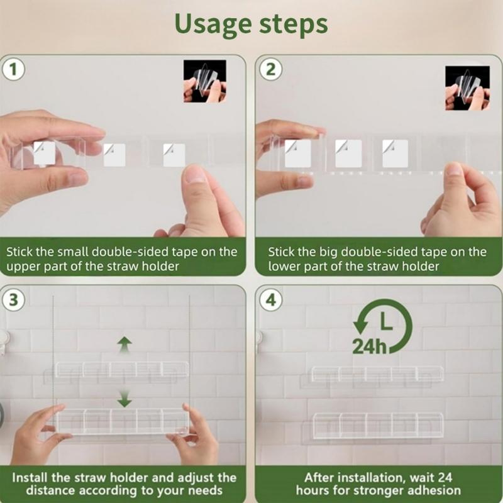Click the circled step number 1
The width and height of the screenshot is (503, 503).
(x=13, y=69)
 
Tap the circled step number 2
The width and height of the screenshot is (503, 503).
(x=271, y=69)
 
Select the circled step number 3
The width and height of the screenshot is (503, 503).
(x=13, y=300)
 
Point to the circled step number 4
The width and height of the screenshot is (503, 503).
(x=271, y=300)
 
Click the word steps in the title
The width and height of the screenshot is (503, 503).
(x=293, y=25)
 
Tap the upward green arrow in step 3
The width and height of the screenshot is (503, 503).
(x=124, y=345)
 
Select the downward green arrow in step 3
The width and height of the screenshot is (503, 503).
(x=124, y=399)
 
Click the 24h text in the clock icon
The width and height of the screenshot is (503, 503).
(x=369, y=346)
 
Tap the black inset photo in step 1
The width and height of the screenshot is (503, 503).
(x=205, y=81)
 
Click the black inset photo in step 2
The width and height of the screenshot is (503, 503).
(x=467, y=88)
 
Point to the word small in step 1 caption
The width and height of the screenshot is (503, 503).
(x=72, y=252)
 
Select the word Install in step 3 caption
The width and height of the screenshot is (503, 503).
(x=30, y=478)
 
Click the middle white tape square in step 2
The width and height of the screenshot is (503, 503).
(x=348, y=153)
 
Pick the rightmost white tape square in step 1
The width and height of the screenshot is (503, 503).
(x=174, y=155)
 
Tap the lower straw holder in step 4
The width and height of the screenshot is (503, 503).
(x=378, y=426)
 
